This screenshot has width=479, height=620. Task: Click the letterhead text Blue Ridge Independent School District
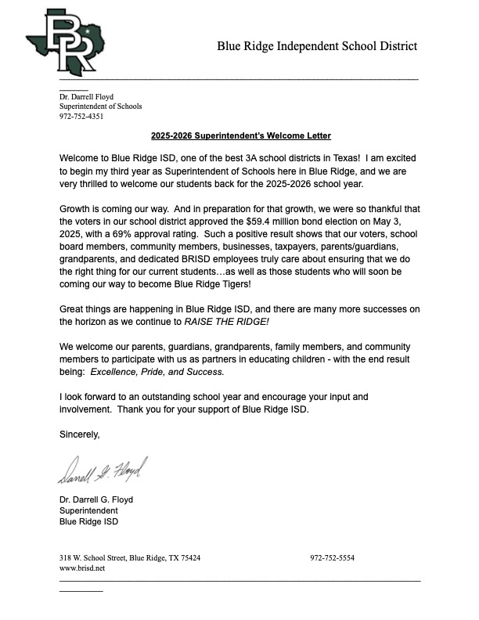pos(317,46)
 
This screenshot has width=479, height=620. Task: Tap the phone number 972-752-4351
pos(81,117)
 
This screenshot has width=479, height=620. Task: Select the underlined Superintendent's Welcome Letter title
pos(241,135)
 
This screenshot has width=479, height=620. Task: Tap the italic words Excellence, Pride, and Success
pos(157,372)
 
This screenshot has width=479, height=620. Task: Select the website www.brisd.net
pos(82,568)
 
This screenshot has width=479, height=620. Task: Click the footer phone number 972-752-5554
pos(332,558)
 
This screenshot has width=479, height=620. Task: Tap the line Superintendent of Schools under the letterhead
pos(101,106)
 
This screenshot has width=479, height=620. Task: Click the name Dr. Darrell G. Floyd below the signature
pos(96,499)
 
